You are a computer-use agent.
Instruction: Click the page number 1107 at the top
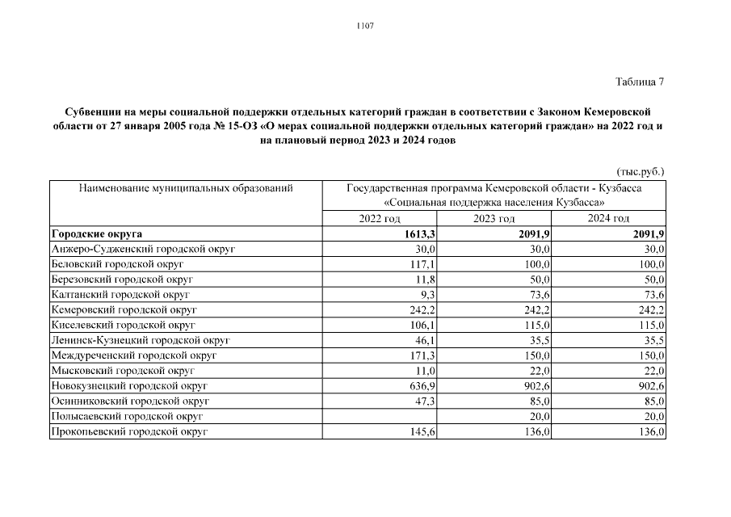[365, 26]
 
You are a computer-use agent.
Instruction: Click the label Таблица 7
[640, 82]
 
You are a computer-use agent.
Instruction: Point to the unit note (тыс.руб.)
[640, 171]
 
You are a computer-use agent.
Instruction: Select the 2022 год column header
[380, 219]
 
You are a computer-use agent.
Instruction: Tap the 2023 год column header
[494, 219]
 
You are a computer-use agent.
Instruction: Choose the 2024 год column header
[609, 219]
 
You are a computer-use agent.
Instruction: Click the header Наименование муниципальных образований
[185, 188]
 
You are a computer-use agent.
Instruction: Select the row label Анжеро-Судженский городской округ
[142, 250]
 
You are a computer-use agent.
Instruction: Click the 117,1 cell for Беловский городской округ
[422, 264]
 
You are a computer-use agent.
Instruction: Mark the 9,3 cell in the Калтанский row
[427, 295]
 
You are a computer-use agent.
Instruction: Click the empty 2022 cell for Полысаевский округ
[380, 416]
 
